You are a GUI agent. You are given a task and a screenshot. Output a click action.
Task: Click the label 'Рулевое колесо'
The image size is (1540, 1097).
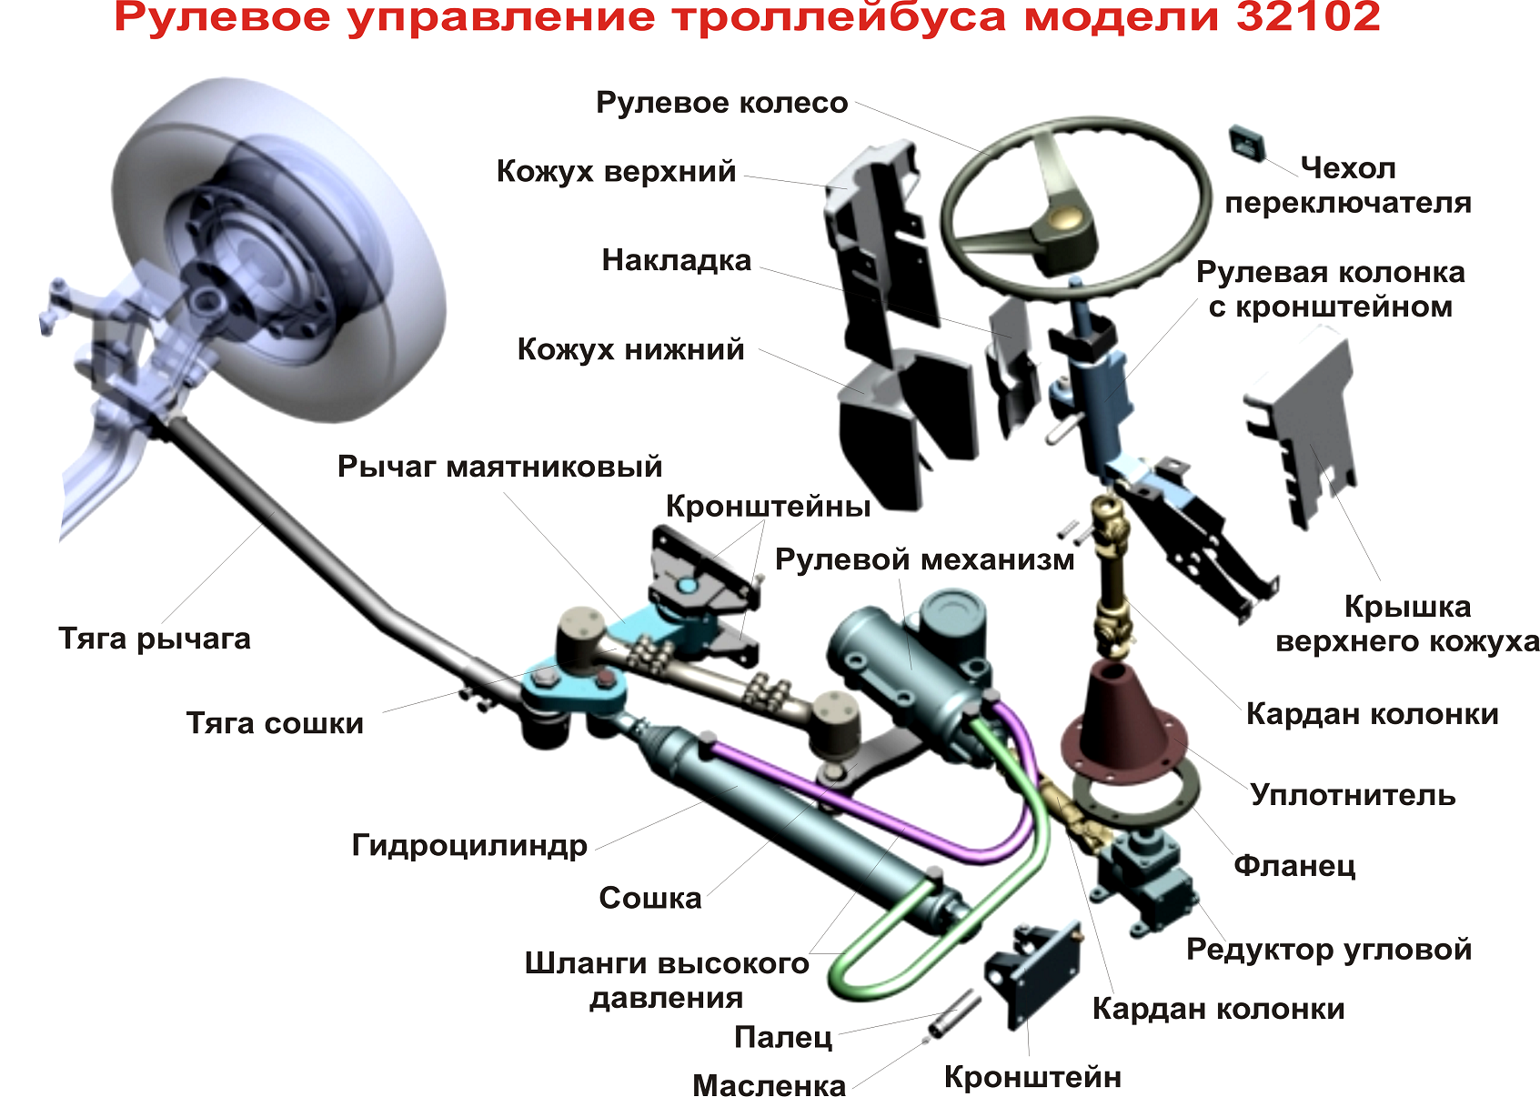click(x=722, y=103)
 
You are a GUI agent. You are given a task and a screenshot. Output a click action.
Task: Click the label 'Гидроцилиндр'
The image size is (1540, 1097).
click(x=469, y=846)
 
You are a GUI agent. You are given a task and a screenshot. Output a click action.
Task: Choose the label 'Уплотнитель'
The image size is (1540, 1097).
click(x=1353, y=795)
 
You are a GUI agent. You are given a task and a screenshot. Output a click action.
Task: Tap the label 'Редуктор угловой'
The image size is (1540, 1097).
click(x=1329, y=950)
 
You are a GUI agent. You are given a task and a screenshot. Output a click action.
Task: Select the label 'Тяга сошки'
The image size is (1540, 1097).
click(x=275, y=724)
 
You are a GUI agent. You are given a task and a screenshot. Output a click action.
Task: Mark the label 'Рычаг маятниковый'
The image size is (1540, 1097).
click(x=499, y=467)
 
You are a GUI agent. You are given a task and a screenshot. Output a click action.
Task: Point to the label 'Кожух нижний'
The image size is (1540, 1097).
click(x=630, y=350)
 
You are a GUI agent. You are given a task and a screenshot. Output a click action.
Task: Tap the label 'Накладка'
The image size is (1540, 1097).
click(x=677, y=260)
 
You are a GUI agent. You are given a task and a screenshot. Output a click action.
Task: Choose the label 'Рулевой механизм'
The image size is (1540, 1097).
click(x=925, y=560)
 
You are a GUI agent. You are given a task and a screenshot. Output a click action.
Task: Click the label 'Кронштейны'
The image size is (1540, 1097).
click(x=768, y=508)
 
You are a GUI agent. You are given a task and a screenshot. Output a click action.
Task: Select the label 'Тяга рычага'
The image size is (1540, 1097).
click(x=155, y=639)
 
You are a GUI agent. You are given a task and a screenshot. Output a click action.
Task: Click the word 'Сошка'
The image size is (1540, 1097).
click(x=650, y=899)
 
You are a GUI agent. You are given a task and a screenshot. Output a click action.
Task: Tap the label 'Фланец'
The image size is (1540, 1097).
click(x=1294, y=865)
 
